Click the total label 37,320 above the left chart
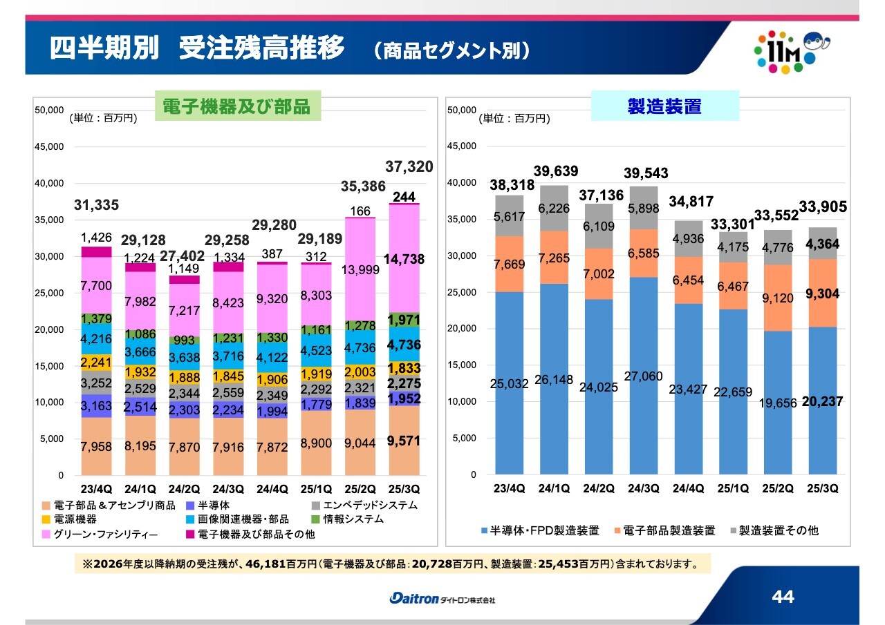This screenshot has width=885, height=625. (409, 166)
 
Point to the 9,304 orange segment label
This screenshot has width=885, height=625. (821, 294)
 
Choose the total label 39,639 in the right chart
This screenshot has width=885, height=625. (556, 171)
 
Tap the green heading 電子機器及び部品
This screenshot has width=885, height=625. (236, 108)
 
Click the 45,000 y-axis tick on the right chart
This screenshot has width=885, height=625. (461, 146)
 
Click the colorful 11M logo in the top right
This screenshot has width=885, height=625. (788, 51)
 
